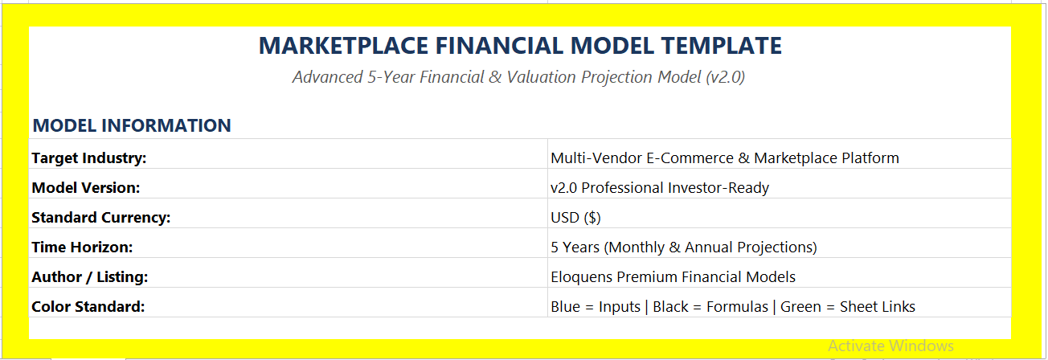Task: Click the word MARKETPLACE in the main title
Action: pyautogui.click(x=343, y=46)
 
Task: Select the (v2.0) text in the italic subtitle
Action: pyautogui.click(x=725, y=77)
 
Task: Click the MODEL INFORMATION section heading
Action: pyautogui.click(x=132, y=125)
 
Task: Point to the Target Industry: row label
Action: pyautogui.click(x=89, y=158)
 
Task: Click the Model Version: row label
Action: pyautogui.click(x=86, y=187)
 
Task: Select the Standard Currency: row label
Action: pyautogui.click(x=100, y=218)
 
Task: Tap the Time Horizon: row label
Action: pyautogui.click(x=82, y=247)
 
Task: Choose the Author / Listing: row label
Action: pyautogui.click(x=89, y=276)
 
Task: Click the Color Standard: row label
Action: pyautogui.click(x=88, y=307)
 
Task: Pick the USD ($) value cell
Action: pyautogui.click(x=575, y=218)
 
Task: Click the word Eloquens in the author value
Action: pyautogui.click(x=582, y=277)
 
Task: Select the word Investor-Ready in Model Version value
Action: pyautogui.click(x=718, y=188)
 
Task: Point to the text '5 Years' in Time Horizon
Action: pyautogui.click(x=575, y=247)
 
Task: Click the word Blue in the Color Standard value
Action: pyautogui.click(x=566, y=307)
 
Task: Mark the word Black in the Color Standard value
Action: pyautogui.click(x=670, y=307)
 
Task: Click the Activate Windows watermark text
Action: pyautogui.click(x=890, y=346)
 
